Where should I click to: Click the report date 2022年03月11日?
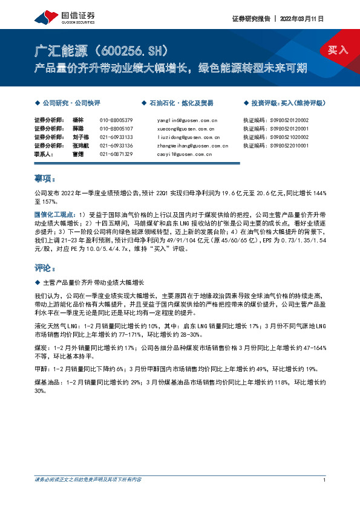pos(302,19)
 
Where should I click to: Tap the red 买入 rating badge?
pos(338,50)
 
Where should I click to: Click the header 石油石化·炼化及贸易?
pos(181,103)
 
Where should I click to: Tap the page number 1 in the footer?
pos(325,497)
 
